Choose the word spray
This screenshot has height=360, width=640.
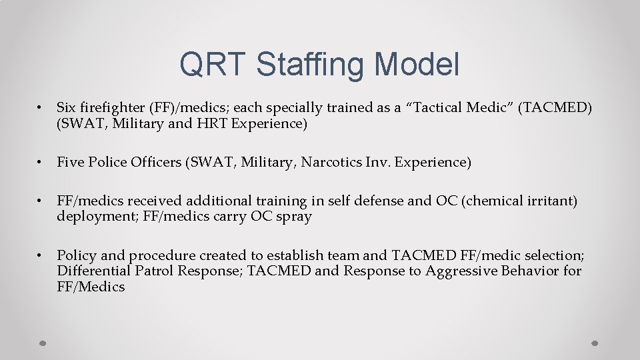click(x=295, y=217)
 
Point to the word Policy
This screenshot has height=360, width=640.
click(x=76, y=255)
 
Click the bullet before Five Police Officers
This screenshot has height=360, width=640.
click(x=40, y=162)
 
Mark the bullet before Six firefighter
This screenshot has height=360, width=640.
click(x=40, y=107)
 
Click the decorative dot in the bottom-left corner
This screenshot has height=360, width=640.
click(x=42, y=343)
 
